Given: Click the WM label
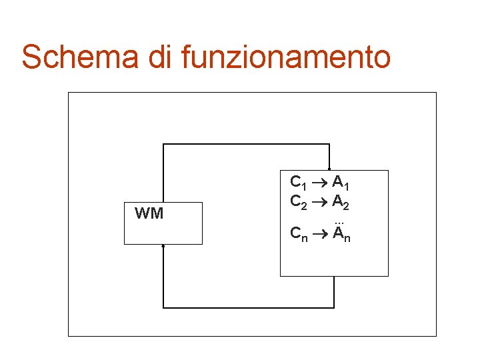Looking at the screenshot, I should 149,213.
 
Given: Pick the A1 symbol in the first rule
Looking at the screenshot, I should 341,182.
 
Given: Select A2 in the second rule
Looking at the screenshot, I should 341,201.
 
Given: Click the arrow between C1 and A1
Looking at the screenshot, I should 319,181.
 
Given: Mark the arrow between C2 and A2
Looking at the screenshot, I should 319,201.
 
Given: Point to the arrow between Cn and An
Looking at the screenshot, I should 319,233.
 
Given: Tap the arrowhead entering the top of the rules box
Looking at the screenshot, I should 329,169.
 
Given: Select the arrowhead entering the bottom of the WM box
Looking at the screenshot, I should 163,246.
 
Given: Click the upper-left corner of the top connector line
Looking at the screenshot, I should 163,144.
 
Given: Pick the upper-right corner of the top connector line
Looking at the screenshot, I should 329,144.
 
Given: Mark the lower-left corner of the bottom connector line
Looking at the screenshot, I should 163,307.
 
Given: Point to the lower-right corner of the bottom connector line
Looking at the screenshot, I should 333,307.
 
